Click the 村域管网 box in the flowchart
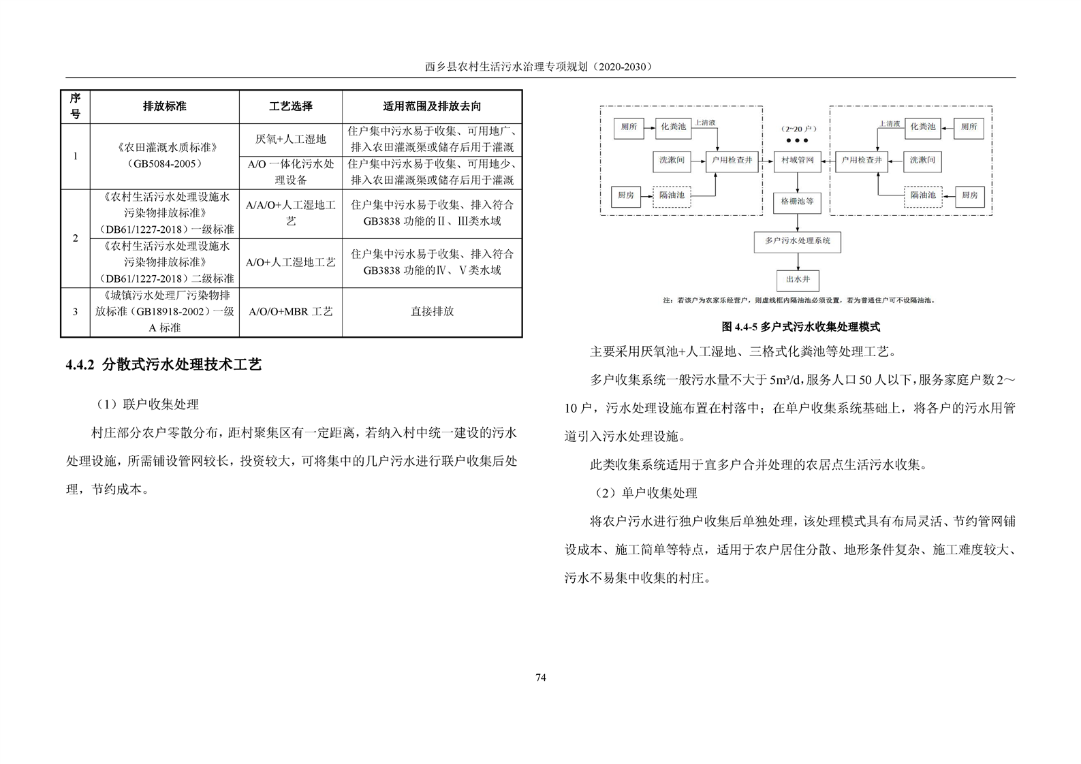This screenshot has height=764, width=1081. tap(797, 161)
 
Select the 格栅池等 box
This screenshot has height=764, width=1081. tap(797, 202)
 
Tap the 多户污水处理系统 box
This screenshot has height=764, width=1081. tap(797, 241)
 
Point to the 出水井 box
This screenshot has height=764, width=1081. tap(797, 279)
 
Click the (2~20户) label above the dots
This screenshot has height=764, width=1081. tap(797, 128)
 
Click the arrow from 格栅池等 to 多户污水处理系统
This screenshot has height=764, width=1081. tap(797, 222)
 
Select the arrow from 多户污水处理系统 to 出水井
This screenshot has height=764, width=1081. tap(797, 261)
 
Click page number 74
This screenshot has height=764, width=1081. tap(541, 677)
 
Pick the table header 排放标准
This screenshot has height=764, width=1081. tap(164, 106)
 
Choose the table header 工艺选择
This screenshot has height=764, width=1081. tap(291, 106)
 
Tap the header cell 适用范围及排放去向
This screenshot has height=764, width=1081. tap(432, 106)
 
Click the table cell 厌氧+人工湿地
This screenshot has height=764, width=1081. tap(291, 139)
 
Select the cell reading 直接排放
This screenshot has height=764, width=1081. tap(432, 311)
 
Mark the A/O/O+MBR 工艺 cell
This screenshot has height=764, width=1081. tap(291, 311)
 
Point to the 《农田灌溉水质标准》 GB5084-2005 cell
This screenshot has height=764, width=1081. tap(164, 156)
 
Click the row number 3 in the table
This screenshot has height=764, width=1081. tap(75, 311)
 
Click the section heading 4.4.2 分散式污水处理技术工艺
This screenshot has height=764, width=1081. tap(163, 365)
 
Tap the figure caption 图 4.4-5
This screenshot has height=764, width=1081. tap(801, 327)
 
